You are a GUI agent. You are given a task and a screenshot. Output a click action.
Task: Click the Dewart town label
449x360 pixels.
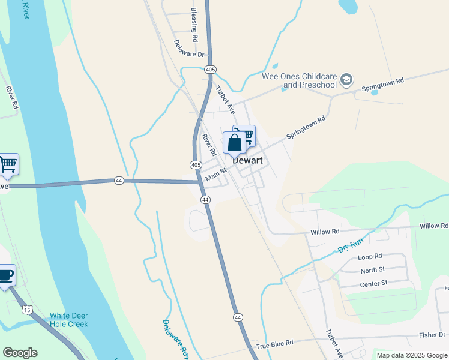tap(248, 160)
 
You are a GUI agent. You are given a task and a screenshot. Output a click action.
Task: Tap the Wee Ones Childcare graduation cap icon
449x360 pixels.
tap(346, 79)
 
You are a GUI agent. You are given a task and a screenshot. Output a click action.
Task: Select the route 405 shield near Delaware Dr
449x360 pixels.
tap(209, 70)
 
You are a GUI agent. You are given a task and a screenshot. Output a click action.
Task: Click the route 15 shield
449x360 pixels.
tap(26, 310)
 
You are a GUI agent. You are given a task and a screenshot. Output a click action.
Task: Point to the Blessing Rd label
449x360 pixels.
tap(194, 25)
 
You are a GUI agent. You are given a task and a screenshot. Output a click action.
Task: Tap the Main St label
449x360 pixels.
tap(215, 175)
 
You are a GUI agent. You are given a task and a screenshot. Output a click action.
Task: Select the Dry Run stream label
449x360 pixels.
tap(351, 245)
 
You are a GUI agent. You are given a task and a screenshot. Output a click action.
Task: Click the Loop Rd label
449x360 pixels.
tap(370, 257)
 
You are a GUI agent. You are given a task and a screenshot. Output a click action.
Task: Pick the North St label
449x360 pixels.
tap(373, 270)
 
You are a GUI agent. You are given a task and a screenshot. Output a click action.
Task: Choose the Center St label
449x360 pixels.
tap(375, 283)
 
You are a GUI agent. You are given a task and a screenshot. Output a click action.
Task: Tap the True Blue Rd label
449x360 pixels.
tap(274, 343)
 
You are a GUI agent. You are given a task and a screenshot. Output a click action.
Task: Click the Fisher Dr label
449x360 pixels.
tap(432, 335)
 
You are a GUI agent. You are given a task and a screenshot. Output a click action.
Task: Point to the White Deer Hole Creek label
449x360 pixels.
tap(68, 320)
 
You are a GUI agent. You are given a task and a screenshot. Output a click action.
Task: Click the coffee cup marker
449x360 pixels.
tap(5, 275)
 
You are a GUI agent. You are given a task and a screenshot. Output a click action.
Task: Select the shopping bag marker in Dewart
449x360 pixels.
tap(234, 143)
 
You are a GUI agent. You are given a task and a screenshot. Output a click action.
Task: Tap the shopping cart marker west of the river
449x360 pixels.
tap(7, 163)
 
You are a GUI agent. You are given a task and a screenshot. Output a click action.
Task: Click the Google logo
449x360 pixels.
tap(20, 353)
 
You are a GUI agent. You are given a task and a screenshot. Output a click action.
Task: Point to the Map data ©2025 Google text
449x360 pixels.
tap(412, 355)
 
